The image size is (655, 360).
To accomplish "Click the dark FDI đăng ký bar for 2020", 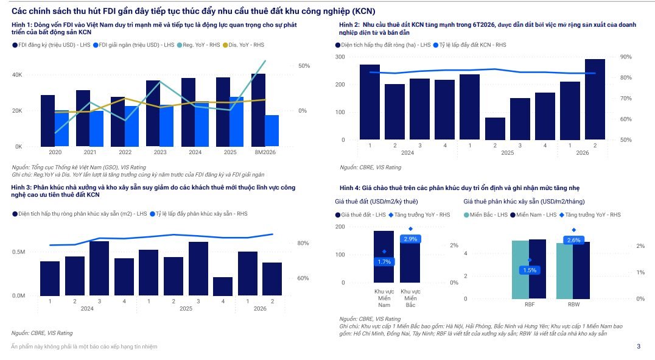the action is point(47,121).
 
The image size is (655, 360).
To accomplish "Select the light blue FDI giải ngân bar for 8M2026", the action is point(271,131).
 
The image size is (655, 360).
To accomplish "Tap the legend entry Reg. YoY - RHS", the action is point(198,44).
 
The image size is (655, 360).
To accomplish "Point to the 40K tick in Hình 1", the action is point(17,75).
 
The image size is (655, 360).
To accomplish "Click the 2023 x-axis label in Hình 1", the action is point(160,152).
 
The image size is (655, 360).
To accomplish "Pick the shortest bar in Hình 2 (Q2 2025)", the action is point(495,129).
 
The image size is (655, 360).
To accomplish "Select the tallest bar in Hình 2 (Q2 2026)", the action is point(595,99).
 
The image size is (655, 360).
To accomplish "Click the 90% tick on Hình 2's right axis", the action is point(626,57).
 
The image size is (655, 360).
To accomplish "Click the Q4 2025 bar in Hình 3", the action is point(223,286).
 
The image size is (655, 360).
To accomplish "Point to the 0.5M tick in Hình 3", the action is point(18,252).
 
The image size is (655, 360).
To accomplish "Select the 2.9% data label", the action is point(410,239).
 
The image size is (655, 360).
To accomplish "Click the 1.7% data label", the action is point(384,262).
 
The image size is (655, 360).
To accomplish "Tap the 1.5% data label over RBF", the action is point(530,270).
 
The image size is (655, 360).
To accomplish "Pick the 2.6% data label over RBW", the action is point(574,241).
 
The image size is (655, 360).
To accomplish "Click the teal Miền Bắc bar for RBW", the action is point(564,271).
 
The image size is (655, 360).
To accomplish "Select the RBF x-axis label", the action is point(530,305).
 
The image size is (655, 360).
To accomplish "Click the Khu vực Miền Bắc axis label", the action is point(410,298).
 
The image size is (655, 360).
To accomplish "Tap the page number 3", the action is point(639,346).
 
